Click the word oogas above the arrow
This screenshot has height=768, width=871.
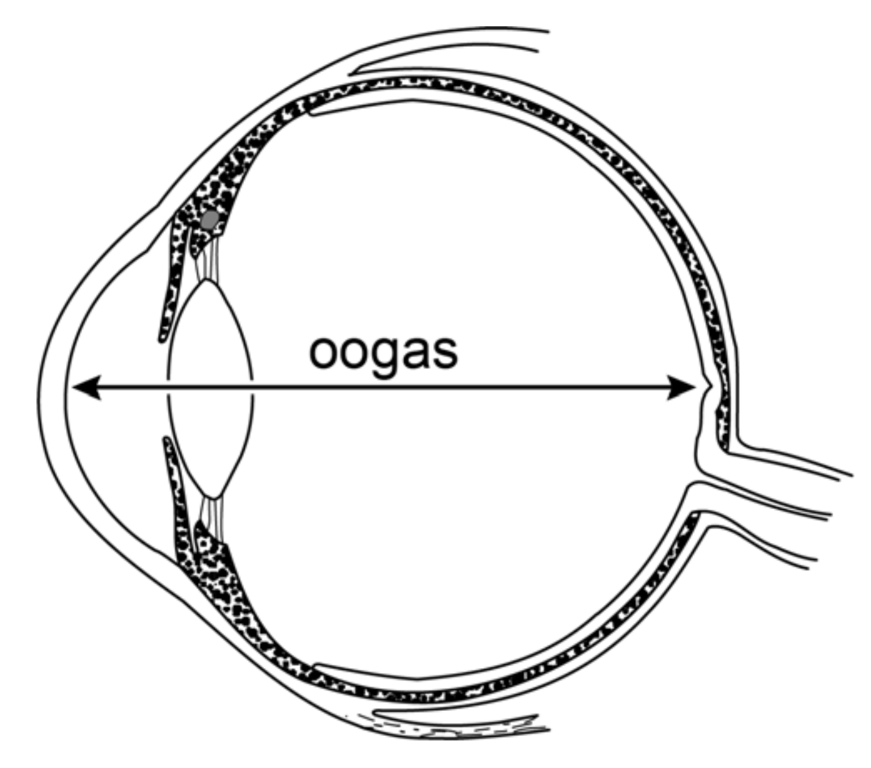click(383, 351)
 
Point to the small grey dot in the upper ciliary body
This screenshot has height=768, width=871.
click(209, 220)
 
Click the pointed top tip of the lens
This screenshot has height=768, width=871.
click(206, 281)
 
